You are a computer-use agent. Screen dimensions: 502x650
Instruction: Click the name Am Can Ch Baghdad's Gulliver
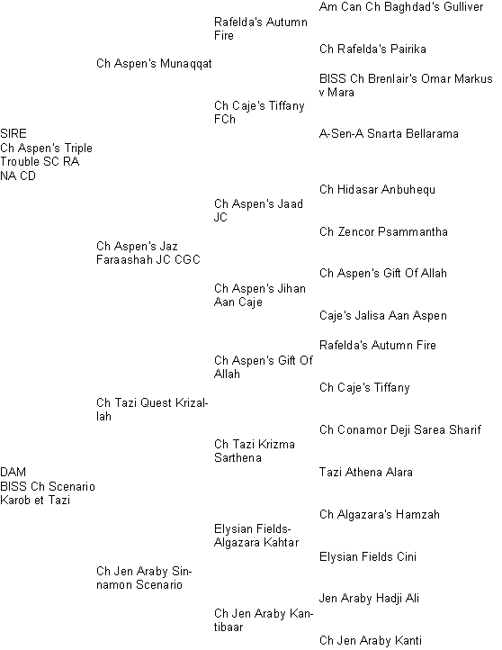tap(401, 6)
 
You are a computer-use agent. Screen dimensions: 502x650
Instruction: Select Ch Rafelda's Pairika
tap(372, 49)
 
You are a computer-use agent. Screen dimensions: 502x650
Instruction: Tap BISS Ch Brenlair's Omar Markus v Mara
tap(406, 86)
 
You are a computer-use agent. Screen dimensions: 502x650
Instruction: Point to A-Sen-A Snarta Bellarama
tap(389, 133)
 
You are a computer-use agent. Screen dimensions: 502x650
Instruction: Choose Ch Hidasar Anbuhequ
tap(377, 190)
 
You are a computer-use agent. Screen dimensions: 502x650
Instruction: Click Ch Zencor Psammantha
tap(383, 231)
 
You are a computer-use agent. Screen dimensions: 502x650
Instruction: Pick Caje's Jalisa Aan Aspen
tap(382, 316)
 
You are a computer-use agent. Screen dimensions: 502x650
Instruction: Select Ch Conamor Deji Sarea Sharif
tap(400, 429)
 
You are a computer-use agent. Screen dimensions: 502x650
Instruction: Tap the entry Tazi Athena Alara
tap(366, 472)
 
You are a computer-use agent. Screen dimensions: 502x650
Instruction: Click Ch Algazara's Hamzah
tap(379, 514)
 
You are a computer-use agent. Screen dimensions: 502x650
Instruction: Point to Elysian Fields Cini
tap(367, 556)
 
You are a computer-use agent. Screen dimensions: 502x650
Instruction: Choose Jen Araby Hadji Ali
tap(369, 598)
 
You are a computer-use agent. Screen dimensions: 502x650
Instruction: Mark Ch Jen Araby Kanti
tap(371, 640)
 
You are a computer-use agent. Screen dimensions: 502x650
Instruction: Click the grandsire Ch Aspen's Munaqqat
tap(154, 63)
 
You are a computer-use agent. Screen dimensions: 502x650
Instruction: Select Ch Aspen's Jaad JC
tap(258, 211)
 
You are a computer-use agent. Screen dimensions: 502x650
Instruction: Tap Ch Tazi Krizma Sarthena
tap(255, 451)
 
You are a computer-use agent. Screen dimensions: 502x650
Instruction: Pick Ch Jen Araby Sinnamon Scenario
tap(144, 578)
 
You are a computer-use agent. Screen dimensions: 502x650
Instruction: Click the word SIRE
tap(13, 133)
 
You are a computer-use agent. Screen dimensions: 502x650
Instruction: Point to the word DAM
tap(13, 472)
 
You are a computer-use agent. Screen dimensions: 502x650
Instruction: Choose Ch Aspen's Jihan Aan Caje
tap(260, 295)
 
